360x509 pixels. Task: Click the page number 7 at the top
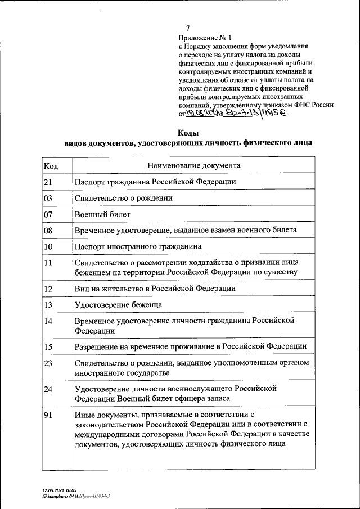pyautogui.click(x=188, y=28)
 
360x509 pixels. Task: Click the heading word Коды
pyautogui.click(x=187, y=133)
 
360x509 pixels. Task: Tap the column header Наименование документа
pyautogui.click(x=193, y=165)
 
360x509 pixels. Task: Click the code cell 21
pyautogui.click(x=48, y=182)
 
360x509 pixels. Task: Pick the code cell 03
pyautogui.click(x=48, y=198)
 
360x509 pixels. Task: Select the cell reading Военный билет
pyautogui.click(x=102, y=214)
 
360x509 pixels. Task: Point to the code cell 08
pyautogui.click(x=48, y=231)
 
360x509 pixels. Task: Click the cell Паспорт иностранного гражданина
pyautogui.click(x=138, y=246)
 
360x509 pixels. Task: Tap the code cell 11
pyautogui.click(x=48, y=263)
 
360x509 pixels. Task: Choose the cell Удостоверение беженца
pyautogui.click(x=118, y=304)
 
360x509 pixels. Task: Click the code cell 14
pyautogui.click(x=48, y=321)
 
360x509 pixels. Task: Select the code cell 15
pyautogui.click(x=48, y=346)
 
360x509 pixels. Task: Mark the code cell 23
pyautogui.click(x=48, y=363)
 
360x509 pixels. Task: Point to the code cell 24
pyautogui.click(x=48, y=389)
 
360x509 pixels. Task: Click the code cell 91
pyautogui.click(x=48, y=415)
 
